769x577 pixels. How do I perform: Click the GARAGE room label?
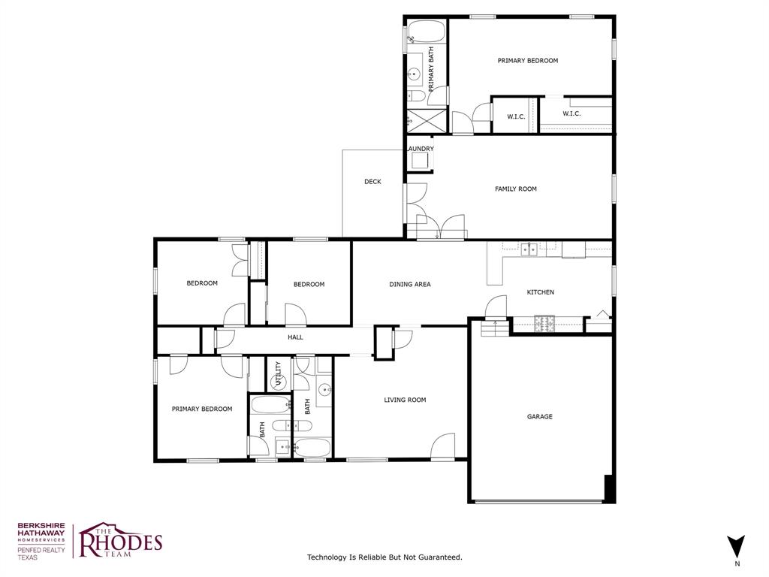point(539,416)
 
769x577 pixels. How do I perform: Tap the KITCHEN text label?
point(540,292)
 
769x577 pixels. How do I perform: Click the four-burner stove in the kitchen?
point(544,325)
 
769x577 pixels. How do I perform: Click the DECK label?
point(372,182)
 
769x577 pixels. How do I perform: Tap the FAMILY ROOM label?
point(515,189)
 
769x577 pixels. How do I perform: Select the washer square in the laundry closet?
point(420,160)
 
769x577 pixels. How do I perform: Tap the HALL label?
point(295,338)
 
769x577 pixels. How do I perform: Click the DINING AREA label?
point(409,285)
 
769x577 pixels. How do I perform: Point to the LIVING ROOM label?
point(405,400)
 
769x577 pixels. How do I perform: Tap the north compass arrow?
point(737,545)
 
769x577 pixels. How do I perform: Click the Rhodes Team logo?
point(120,540)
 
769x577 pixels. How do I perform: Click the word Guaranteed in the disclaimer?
point(437,557)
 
